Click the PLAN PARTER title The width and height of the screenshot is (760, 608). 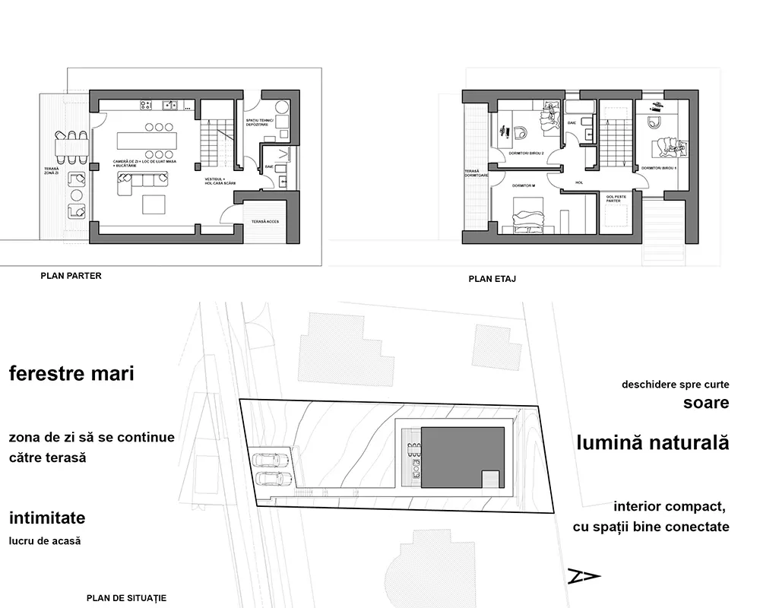(71, 276)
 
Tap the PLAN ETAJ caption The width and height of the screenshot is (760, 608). (492, 279)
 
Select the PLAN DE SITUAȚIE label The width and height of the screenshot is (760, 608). (127, 598)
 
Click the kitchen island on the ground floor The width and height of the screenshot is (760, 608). (147, 141)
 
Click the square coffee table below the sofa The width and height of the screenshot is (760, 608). (155, 204)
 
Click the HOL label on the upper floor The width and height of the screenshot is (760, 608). (579, 182)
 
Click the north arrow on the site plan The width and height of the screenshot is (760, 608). (584, 576)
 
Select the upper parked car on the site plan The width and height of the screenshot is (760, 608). (271, 460)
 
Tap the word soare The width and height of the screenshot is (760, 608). (706, 403)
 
